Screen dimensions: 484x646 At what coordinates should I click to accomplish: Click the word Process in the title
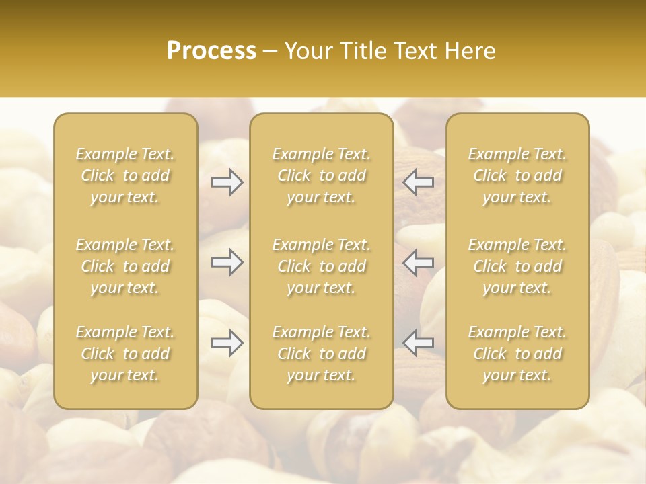point(211,51)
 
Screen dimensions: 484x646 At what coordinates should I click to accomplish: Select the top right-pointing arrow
point(227,182)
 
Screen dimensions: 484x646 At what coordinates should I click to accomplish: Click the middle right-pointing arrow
point(227,262)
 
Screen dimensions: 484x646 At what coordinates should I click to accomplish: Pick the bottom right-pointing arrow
point(227,343)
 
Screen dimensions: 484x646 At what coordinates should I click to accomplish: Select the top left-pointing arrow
point(419,182)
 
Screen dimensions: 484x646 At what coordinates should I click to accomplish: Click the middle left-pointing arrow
point(419,262)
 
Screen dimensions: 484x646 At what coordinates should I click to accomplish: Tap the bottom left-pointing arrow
point(419,343)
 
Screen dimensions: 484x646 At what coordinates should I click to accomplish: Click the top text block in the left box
point(125,175)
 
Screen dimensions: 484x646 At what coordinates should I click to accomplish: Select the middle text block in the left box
point(125,266)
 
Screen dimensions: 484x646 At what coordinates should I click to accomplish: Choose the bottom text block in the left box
point(125,354)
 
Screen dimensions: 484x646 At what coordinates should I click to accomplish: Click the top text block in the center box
point(322,175)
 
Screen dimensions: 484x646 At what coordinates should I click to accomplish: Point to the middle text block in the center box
point(322,266)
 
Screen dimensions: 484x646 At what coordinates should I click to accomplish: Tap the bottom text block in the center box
point(322,354)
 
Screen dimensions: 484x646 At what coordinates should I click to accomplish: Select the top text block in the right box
point(517,175)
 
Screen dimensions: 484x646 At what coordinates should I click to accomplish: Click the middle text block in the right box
point(517,266)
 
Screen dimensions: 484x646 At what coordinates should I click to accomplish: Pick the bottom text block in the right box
point(517,354)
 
